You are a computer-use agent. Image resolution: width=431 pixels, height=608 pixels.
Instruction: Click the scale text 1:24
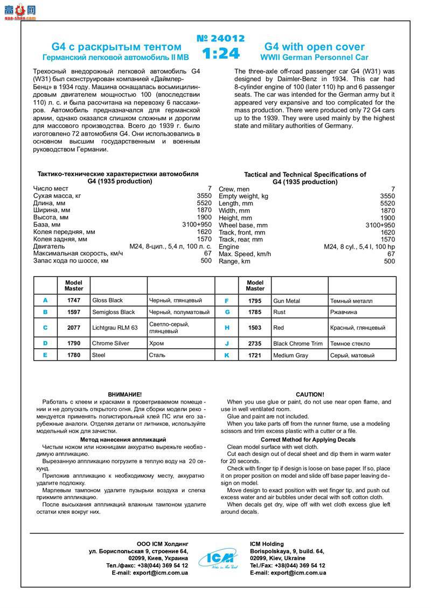point(221,54)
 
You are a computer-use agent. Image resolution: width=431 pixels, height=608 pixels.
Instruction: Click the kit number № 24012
point(221,39)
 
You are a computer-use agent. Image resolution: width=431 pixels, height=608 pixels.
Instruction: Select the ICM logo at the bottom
point(219,558)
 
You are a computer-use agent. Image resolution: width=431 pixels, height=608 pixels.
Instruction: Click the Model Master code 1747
point(74,300)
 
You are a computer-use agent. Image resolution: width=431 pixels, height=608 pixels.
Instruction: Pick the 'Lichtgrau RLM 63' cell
point(115,327)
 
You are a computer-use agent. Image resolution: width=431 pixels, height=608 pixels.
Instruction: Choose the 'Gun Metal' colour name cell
point(287,301)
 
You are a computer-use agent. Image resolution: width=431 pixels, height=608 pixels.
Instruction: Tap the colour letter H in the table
point(227,327)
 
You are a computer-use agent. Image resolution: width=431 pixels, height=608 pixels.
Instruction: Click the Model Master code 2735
point(255,343)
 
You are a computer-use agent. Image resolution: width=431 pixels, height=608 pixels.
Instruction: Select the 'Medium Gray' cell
point(291,355)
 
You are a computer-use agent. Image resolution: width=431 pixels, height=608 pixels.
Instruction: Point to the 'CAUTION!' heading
point(310,394)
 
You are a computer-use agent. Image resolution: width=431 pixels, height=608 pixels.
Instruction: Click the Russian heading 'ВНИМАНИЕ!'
point(125,394)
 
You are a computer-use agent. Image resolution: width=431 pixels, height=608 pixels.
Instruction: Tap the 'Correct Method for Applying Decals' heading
point(308,440)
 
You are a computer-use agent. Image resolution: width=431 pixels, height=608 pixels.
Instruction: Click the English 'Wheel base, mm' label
point(243,225)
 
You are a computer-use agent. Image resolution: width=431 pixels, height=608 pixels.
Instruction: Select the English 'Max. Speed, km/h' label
point(245,254)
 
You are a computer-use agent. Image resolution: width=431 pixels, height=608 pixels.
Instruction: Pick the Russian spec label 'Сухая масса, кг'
point(57,196)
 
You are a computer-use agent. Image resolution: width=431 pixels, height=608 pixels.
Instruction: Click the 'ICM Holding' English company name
point(267,544)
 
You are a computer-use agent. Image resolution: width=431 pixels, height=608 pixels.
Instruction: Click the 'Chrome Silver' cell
point(111,343)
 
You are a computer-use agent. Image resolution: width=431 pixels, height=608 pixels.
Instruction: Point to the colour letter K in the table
point(227,355)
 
